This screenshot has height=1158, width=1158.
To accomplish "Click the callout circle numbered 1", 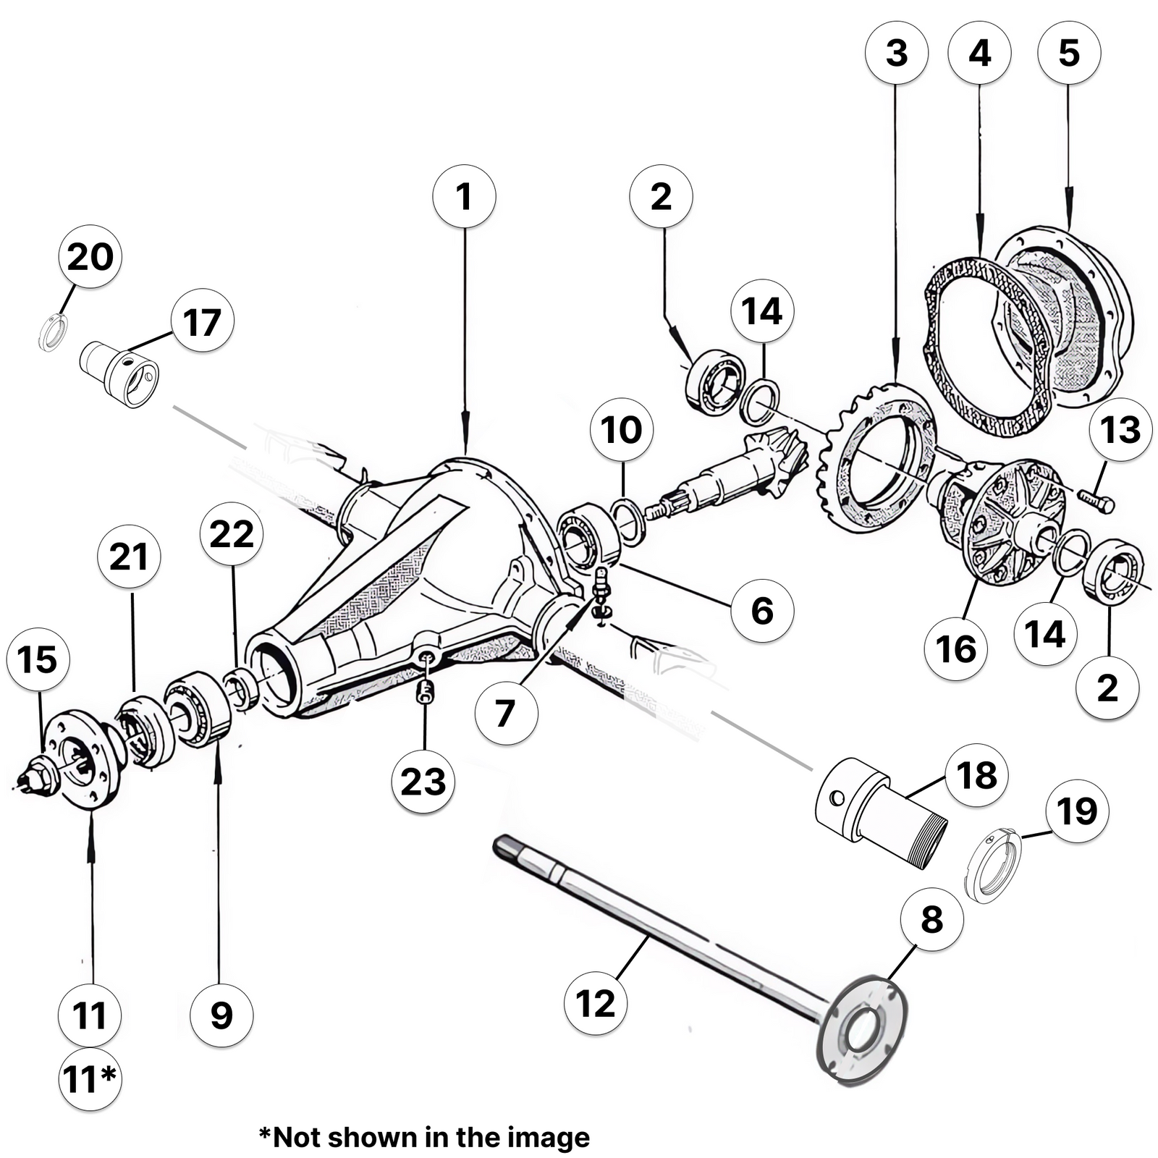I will tap(464, 196).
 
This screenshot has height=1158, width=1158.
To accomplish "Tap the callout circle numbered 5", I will tap(1069, 53).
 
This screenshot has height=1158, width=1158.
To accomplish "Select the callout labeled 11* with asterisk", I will tap(90, 1079).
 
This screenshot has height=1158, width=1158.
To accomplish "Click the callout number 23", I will tap(423, 782).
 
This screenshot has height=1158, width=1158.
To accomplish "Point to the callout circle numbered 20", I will tap(90, 256).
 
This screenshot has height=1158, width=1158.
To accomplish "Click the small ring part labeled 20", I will tap(52, 334).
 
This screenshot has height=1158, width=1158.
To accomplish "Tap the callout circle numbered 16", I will tap(955, 648).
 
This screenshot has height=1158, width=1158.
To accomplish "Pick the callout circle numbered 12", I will tap(596, 1003).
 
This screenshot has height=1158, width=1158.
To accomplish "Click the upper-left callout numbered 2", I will tap(661, 196).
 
